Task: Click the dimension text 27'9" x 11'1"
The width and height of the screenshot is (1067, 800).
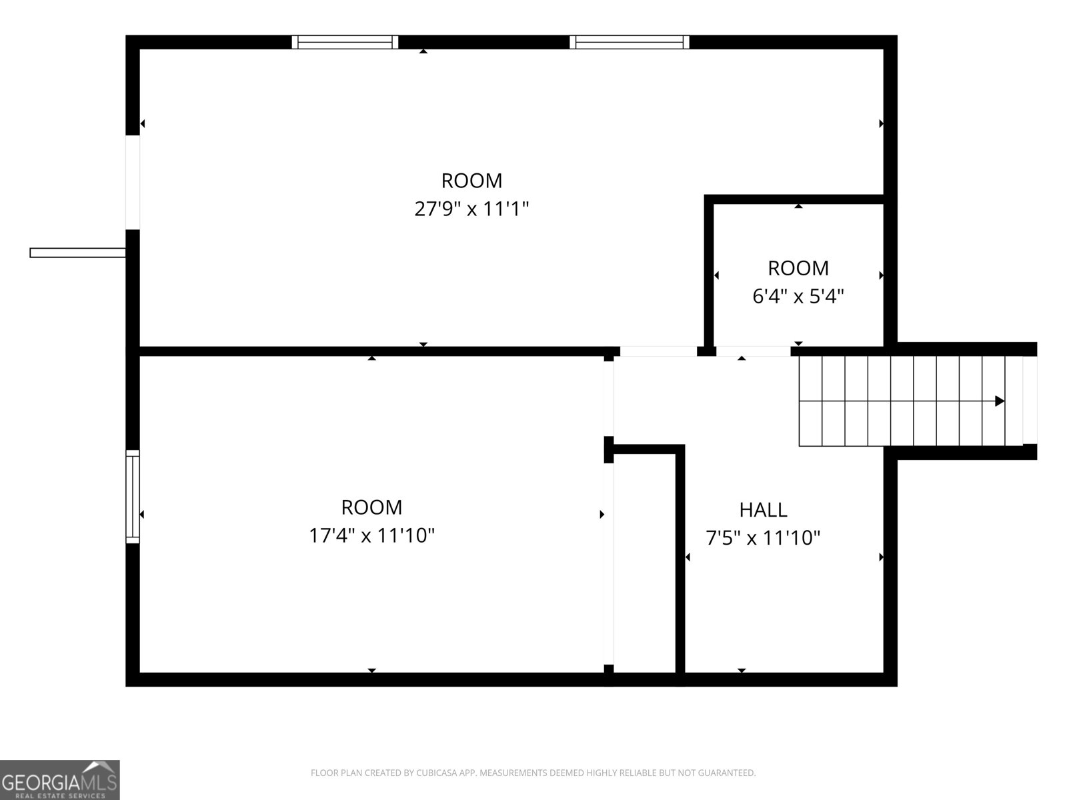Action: click(x=471, y=209)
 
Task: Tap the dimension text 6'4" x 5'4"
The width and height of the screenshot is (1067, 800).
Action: click(x=798, y=296)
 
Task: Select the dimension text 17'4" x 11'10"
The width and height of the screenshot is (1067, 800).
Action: click(x=371, y=535)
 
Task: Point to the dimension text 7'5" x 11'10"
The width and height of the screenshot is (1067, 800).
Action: click(x=763, y=537)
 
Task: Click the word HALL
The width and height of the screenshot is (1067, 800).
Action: click(x=763, y=510)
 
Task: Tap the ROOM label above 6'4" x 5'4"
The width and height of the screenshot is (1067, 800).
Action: click(x=798, y=268)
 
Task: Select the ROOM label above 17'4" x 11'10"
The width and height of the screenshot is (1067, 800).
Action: click(x=371, y=507)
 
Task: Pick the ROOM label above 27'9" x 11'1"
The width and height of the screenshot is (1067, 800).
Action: click(x=471, y=181)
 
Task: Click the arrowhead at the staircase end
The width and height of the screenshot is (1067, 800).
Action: click(x=999, y=401)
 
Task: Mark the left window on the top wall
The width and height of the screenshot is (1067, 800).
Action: click(x=345, y=42)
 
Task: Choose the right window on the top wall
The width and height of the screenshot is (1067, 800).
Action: click(x=630, y=42)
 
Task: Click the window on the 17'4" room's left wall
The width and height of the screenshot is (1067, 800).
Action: click(x=133, y=496)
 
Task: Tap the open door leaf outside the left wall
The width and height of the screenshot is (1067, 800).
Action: click(x=77, y=253)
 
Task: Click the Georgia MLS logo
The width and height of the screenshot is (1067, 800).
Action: click(x=59, y=779)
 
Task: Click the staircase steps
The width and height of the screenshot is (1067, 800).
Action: click(x=900, y=401)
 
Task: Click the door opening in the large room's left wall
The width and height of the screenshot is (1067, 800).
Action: click(x=133, y=182)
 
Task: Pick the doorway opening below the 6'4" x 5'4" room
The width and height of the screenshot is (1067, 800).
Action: click(x=754, y=351)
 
